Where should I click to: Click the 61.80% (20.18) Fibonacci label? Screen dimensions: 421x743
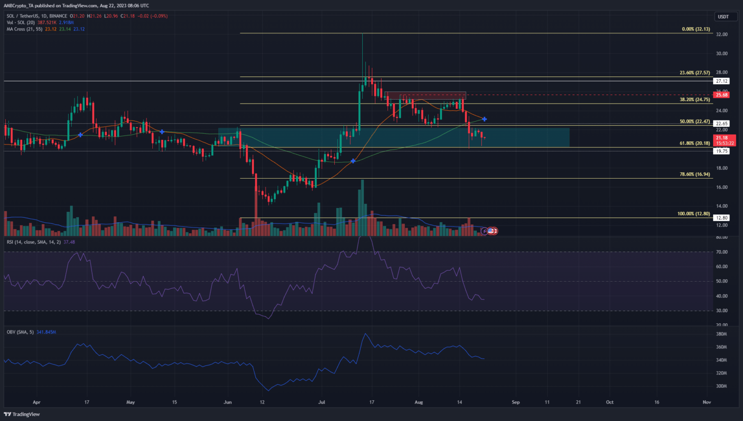point(695,143)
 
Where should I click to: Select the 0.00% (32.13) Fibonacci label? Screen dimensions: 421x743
point(696,29)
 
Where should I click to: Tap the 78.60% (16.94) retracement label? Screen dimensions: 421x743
point(695,174)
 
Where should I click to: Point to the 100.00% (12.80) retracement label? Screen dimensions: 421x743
point(694,214)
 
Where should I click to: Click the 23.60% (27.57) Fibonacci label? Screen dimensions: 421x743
point(695,73)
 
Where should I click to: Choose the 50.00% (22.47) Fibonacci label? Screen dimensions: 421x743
point(695,121)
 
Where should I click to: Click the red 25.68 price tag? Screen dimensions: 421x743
point(722,95)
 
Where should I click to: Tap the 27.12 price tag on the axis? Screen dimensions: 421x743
point(722,81)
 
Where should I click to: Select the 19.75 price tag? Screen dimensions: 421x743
point(722,151)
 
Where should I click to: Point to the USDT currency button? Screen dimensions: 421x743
point(723,16)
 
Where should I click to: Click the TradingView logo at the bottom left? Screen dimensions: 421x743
point(22,414)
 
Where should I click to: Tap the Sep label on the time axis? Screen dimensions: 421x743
point(516,402)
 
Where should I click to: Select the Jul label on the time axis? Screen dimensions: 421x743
point(321,402)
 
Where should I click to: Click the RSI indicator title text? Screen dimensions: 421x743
point(34,242)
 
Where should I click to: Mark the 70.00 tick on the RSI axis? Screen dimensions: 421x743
point(722,252)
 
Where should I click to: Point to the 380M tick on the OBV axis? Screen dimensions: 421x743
point(721,334)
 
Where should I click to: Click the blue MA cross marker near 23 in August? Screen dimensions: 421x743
point(484,119)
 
